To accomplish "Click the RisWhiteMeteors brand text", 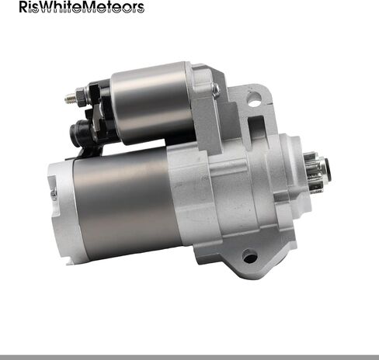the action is point(82,7).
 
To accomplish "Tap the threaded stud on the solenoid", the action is point(71,98).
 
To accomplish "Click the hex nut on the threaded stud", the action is point(81,96).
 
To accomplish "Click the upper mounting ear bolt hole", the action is point(254,99).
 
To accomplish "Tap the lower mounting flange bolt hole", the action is point(250,256).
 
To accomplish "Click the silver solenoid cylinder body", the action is point(152,103).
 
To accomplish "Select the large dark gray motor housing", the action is point(125,203).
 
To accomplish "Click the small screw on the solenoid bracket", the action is point(215,89).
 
